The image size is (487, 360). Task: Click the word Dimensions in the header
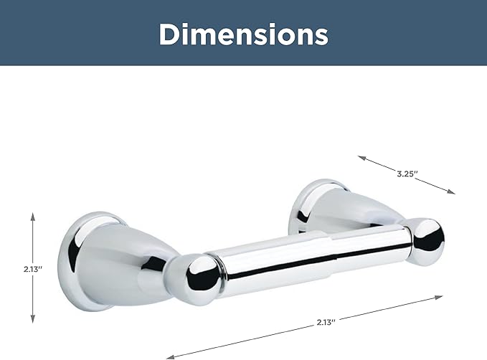244,34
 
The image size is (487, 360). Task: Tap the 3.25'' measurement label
407,174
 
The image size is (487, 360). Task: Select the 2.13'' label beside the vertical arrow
32,269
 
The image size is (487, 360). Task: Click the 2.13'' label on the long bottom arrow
326,323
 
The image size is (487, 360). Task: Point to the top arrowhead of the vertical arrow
33,217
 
